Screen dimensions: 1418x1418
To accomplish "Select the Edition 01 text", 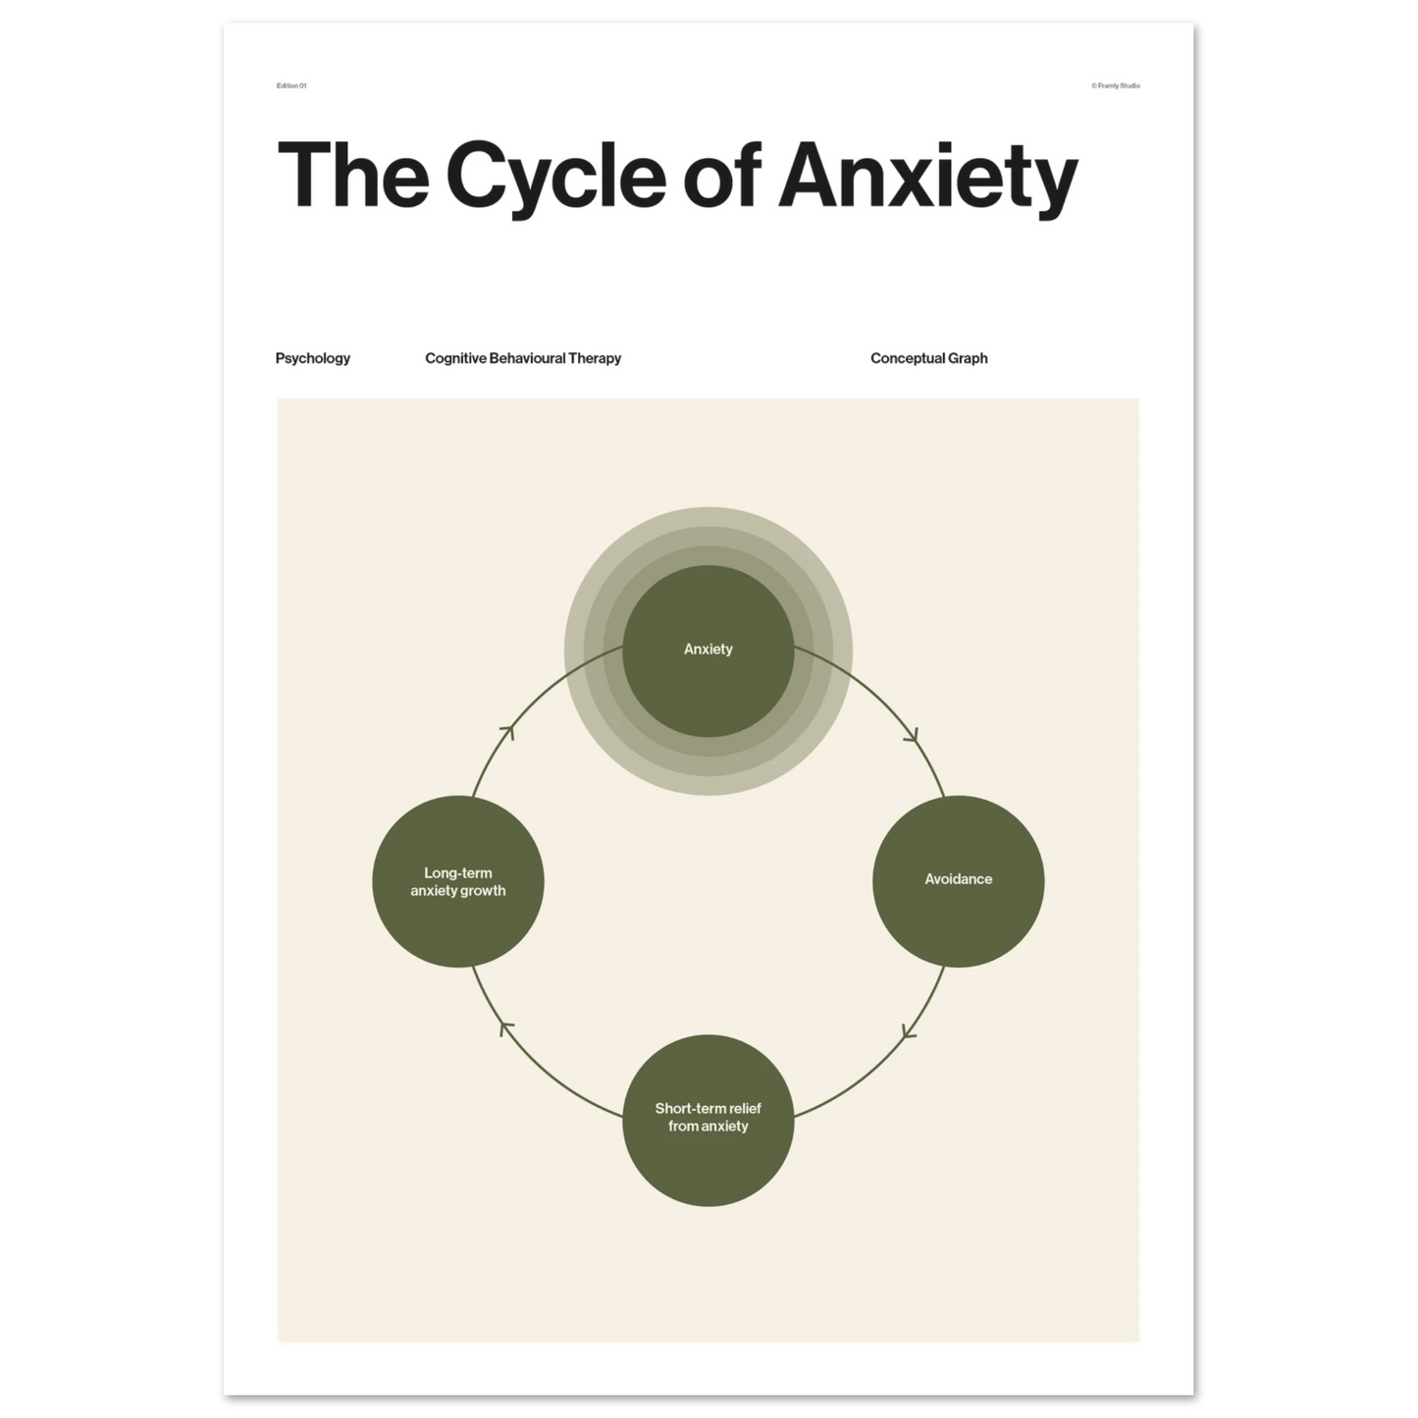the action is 291,85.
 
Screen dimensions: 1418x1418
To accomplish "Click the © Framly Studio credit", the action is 1116,85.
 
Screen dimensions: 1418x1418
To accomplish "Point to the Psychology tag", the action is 313,358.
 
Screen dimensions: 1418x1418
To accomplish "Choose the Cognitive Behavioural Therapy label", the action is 523,358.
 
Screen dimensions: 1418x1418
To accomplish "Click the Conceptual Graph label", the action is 928,358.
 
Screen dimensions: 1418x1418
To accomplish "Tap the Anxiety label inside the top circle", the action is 708,649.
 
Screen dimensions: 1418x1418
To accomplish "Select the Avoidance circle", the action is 958,881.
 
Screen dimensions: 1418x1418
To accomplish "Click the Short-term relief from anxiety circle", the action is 708,1120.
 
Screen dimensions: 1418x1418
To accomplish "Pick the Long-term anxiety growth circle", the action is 457,881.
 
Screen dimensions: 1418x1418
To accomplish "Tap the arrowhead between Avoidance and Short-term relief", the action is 910,1031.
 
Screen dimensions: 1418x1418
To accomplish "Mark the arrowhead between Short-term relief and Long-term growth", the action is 505,1027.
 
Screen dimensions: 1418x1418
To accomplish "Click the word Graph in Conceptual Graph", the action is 968,359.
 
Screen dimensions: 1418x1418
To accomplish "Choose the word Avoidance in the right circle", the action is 958,878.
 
